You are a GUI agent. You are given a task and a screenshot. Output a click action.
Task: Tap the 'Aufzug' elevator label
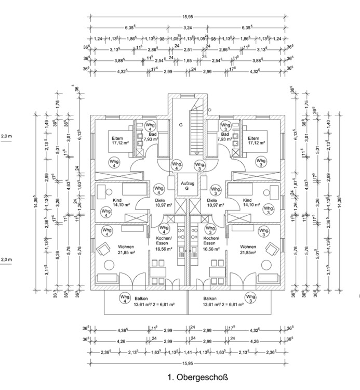pyautogui.click(x=188, y=184)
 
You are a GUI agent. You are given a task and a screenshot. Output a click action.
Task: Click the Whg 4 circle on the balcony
pyautogui.click(x=124, y=298)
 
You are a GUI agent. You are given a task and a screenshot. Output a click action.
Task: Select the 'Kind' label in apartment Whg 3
pyautogui.click(x=247, y=200)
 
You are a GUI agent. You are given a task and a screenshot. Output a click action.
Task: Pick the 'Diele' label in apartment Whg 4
pyautogui.click(x=160, y=200)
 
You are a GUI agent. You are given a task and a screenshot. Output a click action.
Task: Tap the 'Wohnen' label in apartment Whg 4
pyautogui.click(x=125, y=246)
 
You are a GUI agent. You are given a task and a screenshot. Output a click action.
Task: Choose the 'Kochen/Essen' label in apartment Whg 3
pyautogui.click(x=210, y=241)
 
